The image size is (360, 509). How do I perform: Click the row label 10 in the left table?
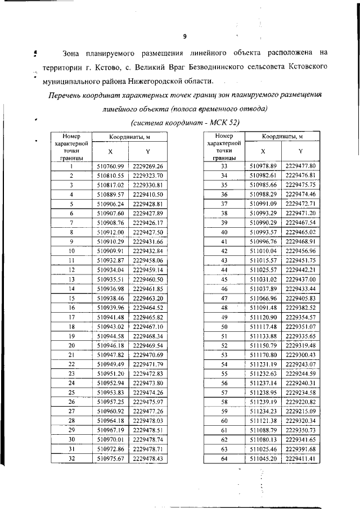pos(71,250)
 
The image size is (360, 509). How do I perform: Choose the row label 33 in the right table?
pos(223,166)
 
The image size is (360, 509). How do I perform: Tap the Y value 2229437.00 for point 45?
pos(300,279)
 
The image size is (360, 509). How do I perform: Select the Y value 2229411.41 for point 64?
pos(300,458)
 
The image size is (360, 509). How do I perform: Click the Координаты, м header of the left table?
pos(129,137)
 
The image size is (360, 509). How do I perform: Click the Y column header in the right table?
pos(300,152)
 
